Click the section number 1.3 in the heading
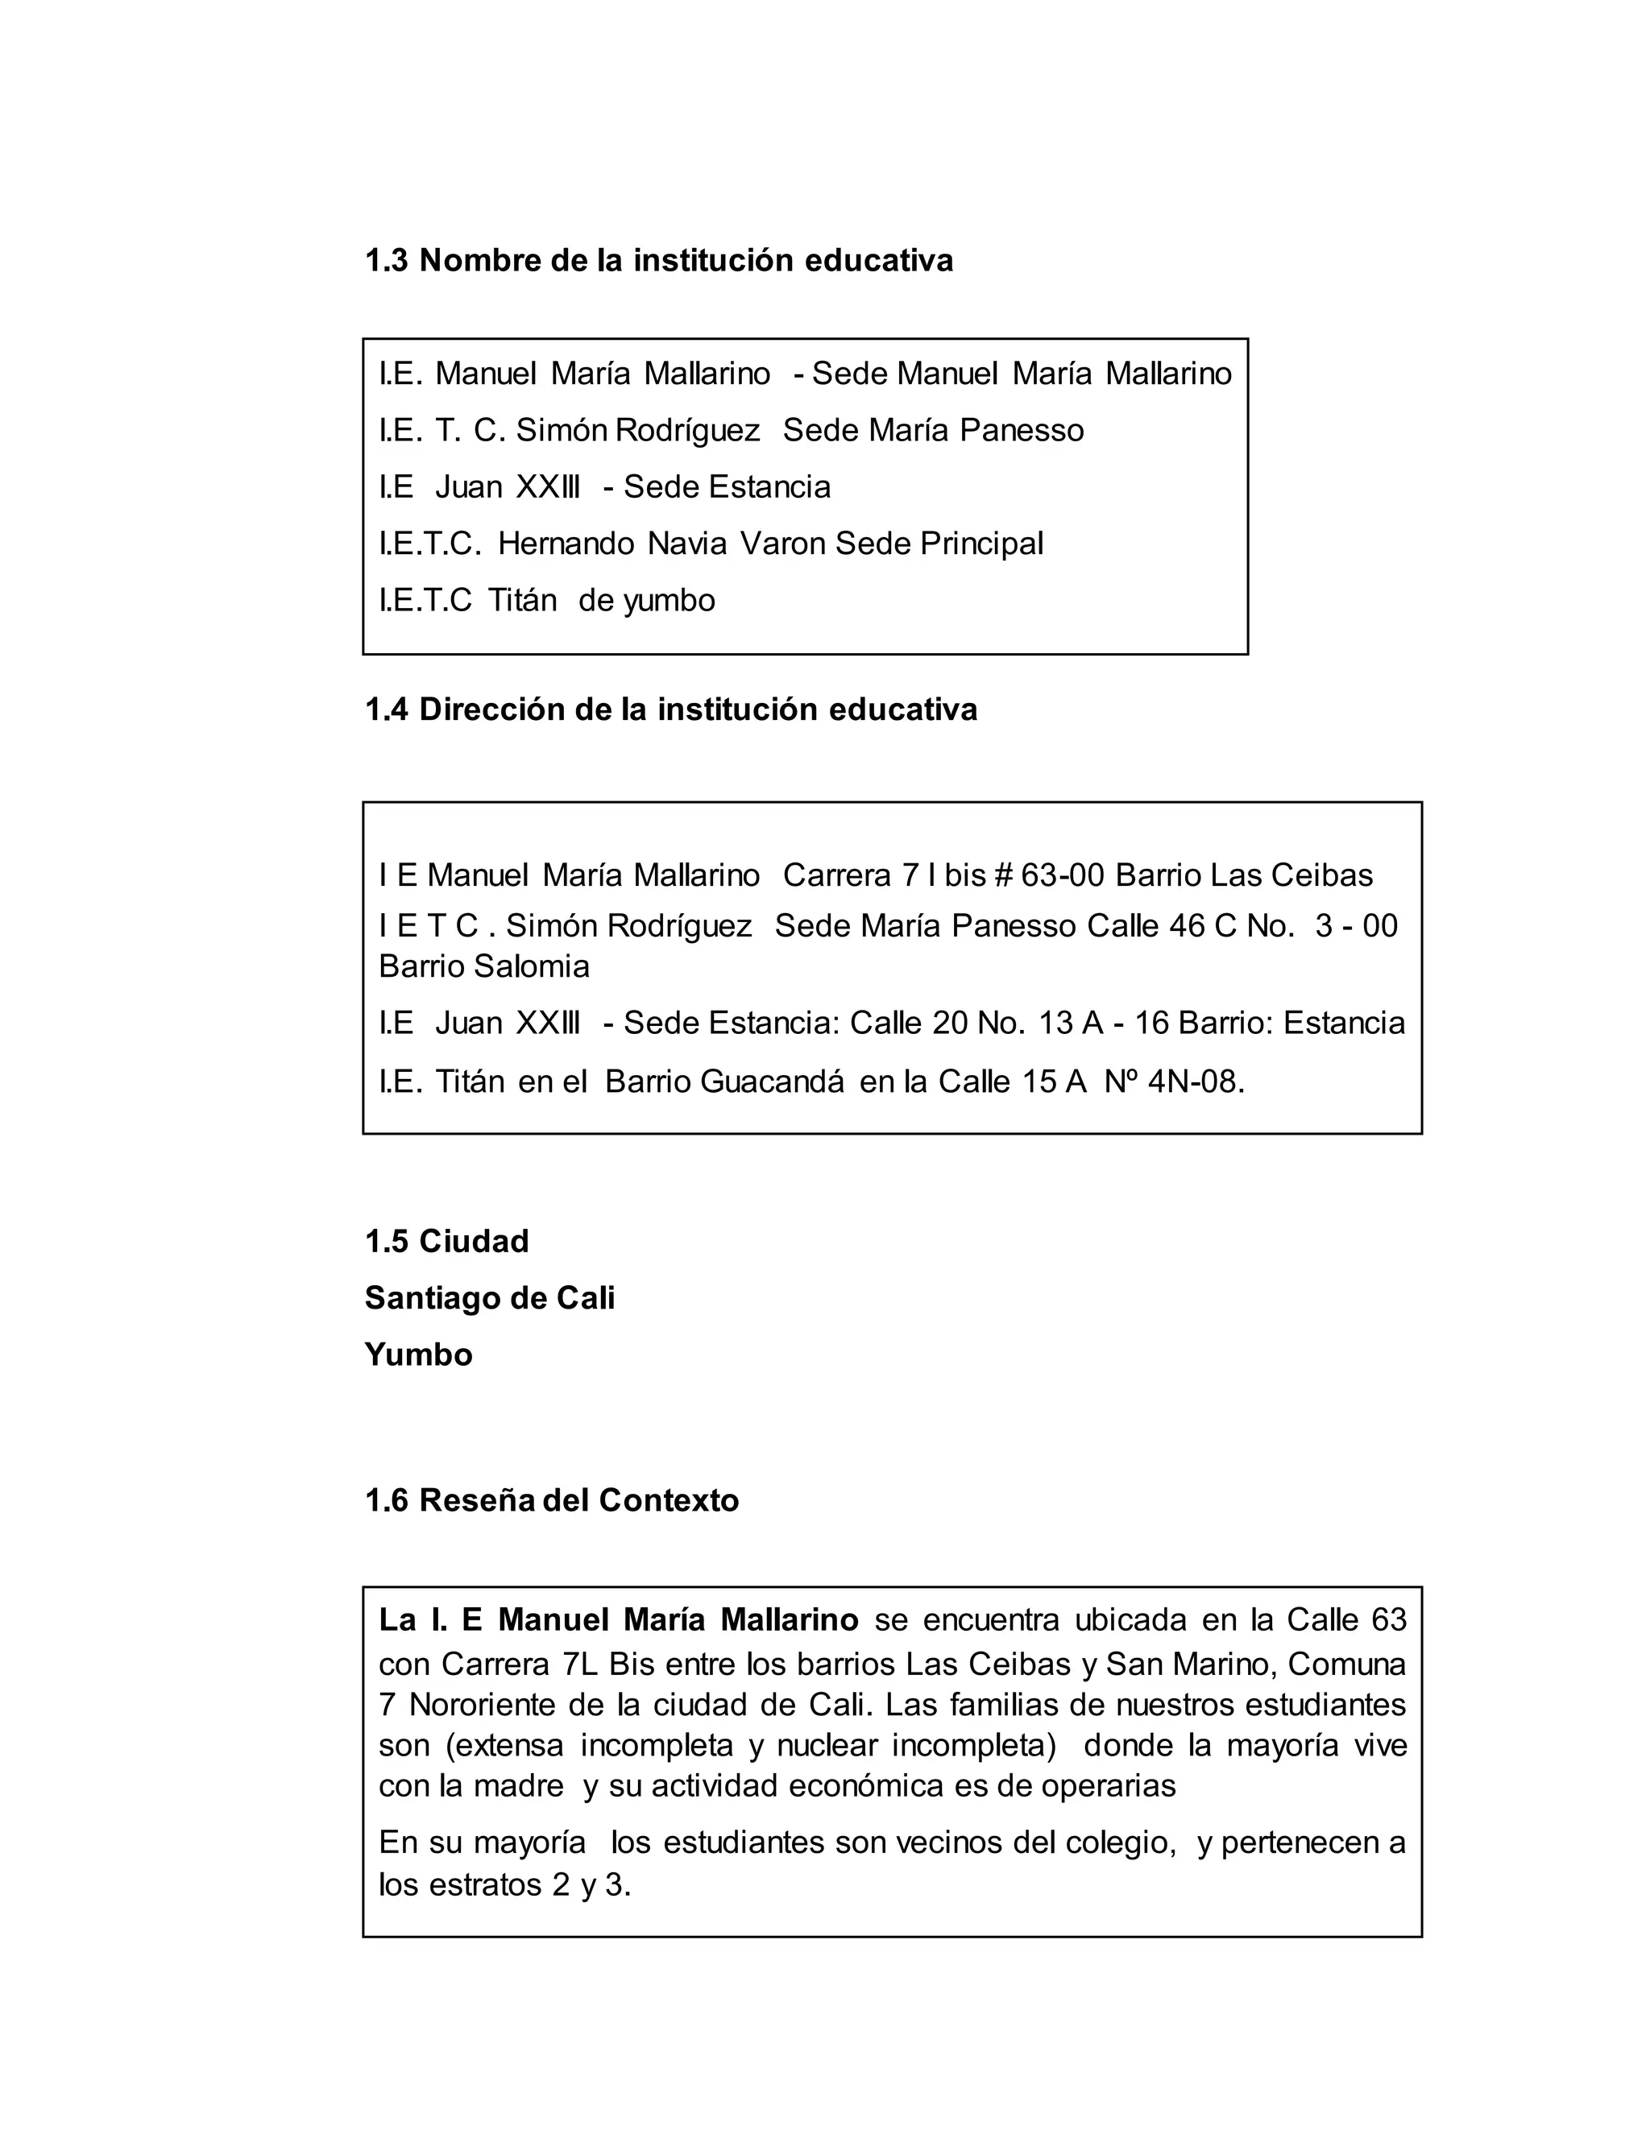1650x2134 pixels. tap(386, 261)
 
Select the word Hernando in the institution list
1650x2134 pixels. tap(566, 544)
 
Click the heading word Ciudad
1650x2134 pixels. tap(474, 1241)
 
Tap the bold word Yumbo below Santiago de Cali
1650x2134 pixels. tap(418, 1354)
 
